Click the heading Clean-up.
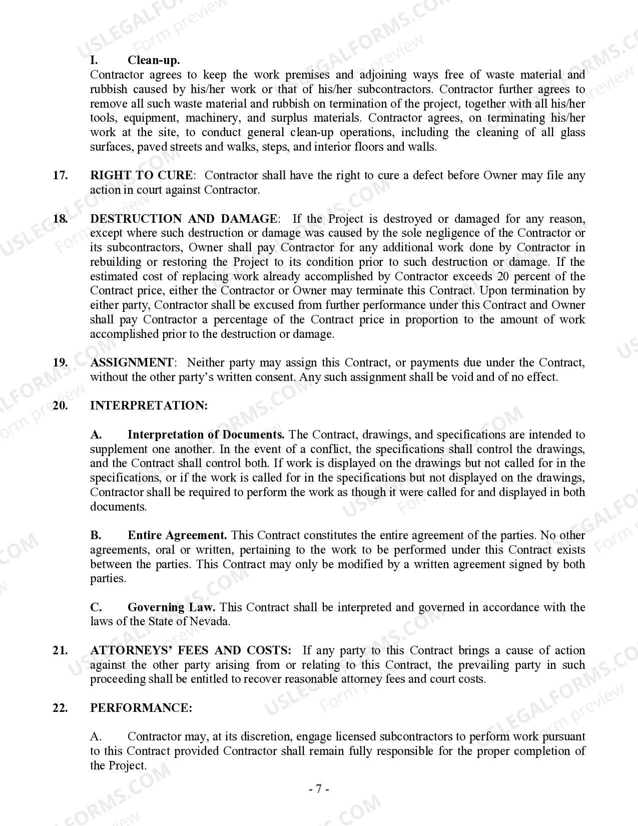pyautogui.click(x=154, y=61)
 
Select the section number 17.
pyautogui.click(x=60, y=176)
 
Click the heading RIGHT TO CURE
pyautogui.click(x=141, y=176)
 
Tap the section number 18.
pyautogui.click(x=60, y=219)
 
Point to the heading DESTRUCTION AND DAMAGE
pyautogui.click(x=183, y=219)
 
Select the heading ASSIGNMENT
pyautogui.click(x=132, y=363)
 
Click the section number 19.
pyautogui.click(x=60, y=363)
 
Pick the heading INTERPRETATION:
pyautogui.click(x=149, y=406)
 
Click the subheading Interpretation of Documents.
pyautogui.click(x=206, y=435)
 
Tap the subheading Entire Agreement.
pyautogui.click(x=177, y=536)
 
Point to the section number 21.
pyautogui.click(x=60, y=651)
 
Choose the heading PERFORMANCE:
pyautogui.click(x=141, y=708)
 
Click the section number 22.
pyautogui.click(x=60, y=708)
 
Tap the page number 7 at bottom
pyautogui.click(x=319, y=789)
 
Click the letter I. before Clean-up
pyautogui.click(x=94, y=61)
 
